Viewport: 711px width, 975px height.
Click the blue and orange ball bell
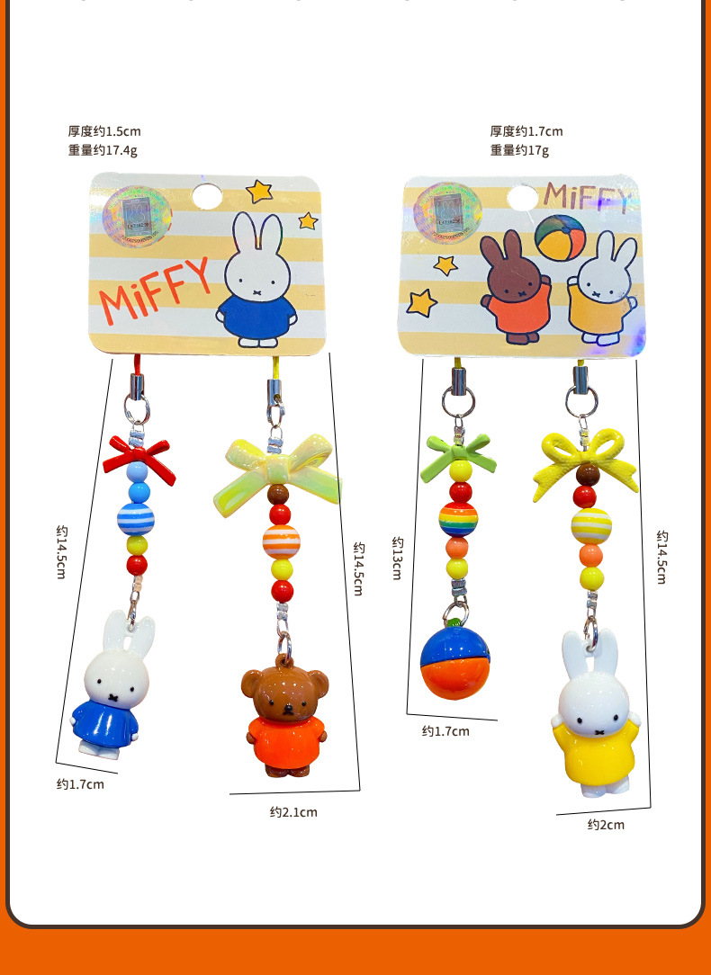click(x=454, y=661)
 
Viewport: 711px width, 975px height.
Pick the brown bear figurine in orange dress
click(x=283, y=720)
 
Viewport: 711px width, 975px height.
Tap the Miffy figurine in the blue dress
click(x=107, y=688)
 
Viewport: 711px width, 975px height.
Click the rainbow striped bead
click(x=458, y=520)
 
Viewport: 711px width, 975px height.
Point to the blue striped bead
click(x=136, y=519)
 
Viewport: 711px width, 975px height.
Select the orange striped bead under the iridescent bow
click(x=281, y=540)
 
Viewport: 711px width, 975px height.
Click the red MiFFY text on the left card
click(x=154, y=291)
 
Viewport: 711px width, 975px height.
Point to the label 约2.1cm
click(x=293, y=812)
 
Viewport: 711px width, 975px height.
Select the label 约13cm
click(x=397, y=558)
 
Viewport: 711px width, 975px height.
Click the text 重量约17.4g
click(x=103, y=150)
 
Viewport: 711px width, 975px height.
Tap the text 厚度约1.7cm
click(x=526, y=131)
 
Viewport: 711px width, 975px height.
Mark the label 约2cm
click(x=606, y=825)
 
